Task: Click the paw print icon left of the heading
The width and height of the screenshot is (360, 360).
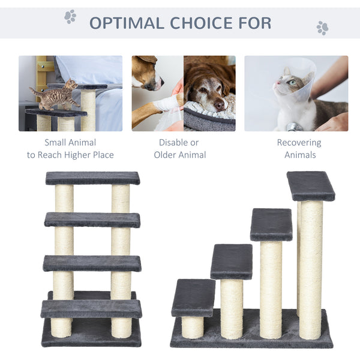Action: (70, 17)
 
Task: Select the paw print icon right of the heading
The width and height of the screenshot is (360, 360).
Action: (322, 28)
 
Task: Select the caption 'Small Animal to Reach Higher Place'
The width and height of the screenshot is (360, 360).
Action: (70, 149)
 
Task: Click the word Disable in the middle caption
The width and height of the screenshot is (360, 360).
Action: (170, 143)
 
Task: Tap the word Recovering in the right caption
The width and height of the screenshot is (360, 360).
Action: (299, 143)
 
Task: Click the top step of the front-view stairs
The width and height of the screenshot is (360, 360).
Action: (92, 178)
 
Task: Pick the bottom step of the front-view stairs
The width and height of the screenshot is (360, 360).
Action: (91, 309)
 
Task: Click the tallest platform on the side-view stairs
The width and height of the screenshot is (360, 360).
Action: (310, 186)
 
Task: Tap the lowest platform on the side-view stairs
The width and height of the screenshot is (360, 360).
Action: (193, 297)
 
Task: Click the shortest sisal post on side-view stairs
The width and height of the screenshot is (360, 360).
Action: (193, 326)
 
